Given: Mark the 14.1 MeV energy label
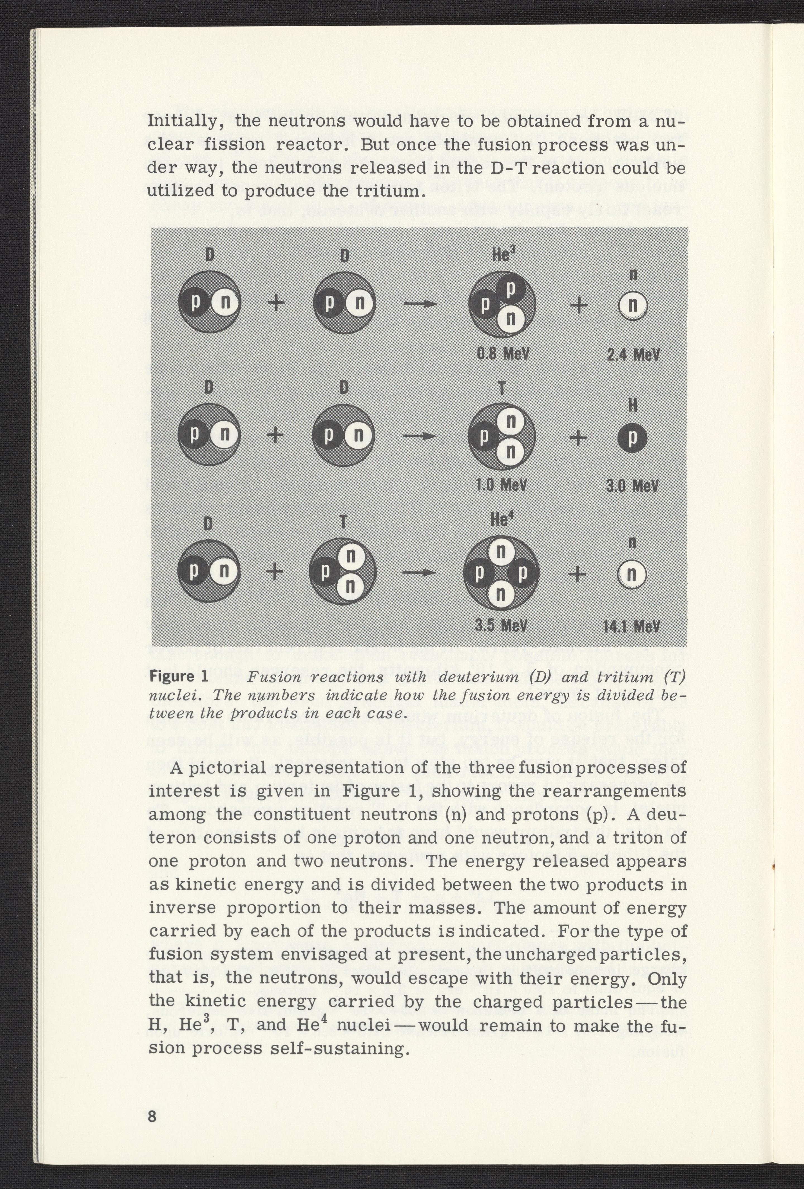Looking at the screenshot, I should (632, 626).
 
